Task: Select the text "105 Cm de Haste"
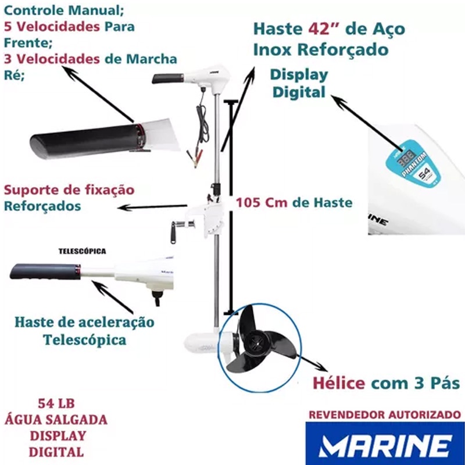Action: tap(294, 203)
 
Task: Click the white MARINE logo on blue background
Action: tap(385, 446)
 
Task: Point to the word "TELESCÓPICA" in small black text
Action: tap(82, 251)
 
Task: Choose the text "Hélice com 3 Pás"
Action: tap(387, 383)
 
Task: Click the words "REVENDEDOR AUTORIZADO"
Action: tap(385, 414)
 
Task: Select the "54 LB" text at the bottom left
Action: tap(56, 403)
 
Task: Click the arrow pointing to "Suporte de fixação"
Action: tap(152, 207)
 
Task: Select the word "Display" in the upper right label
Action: tap(299, 76)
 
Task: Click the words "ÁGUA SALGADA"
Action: tap(56, 419)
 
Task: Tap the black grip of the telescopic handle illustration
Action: tap(45, 271)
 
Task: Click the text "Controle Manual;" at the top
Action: tap(64, 10)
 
